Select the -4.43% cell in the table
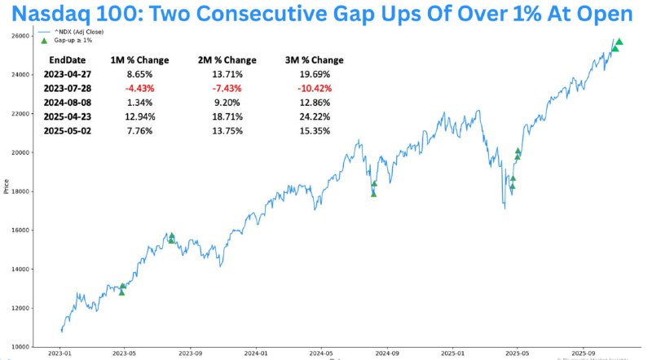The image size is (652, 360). [x=128, y=88]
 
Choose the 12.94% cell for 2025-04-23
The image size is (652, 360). [x=128, y=116]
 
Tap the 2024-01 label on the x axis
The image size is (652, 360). [x=256, y=353]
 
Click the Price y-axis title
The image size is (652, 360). [x=7, y=188]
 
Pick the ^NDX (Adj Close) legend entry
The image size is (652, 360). [x=75, y=31]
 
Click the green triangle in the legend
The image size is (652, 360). [x=44, y=40]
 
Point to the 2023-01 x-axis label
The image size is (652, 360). [x=59, y=353]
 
